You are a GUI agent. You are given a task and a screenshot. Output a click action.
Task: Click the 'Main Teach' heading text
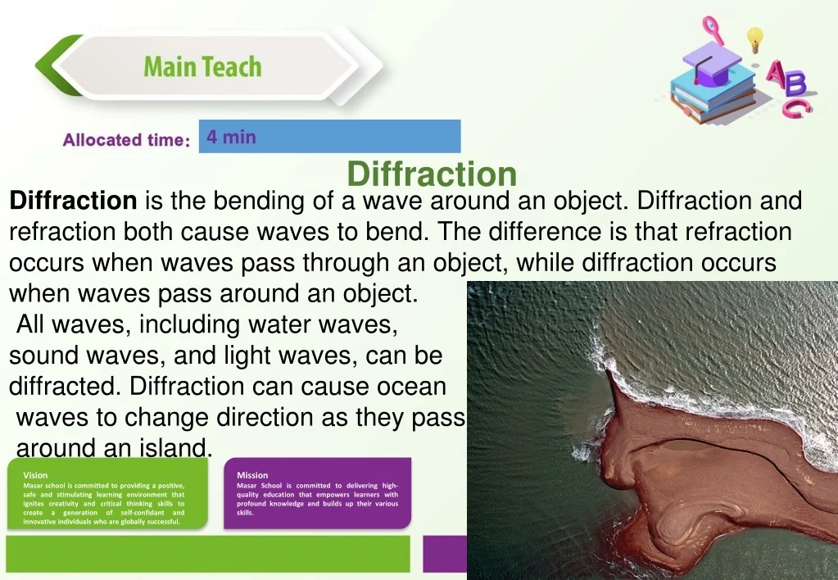tap(202, 67)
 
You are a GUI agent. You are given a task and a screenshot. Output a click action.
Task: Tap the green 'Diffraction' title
tap(432, 174)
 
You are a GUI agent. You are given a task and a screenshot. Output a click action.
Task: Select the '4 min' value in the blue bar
tap(231, 137)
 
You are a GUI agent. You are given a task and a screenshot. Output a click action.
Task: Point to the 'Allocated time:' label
tap(126, 139)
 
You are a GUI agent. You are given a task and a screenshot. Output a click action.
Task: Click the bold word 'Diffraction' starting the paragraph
tap(73, 201)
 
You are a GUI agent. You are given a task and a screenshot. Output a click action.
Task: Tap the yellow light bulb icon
tap(754, 39)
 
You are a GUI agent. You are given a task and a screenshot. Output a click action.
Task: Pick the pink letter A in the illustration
tap(777, 72)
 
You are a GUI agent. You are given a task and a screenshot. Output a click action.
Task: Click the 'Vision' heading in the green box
tap(35, 475)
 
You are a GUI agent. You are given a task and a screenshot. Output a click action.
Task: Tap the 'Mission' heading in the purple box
tap(252, 475)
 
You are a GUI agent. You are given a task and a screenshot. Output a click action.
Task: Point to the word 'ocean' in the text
tap(411, 387)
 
